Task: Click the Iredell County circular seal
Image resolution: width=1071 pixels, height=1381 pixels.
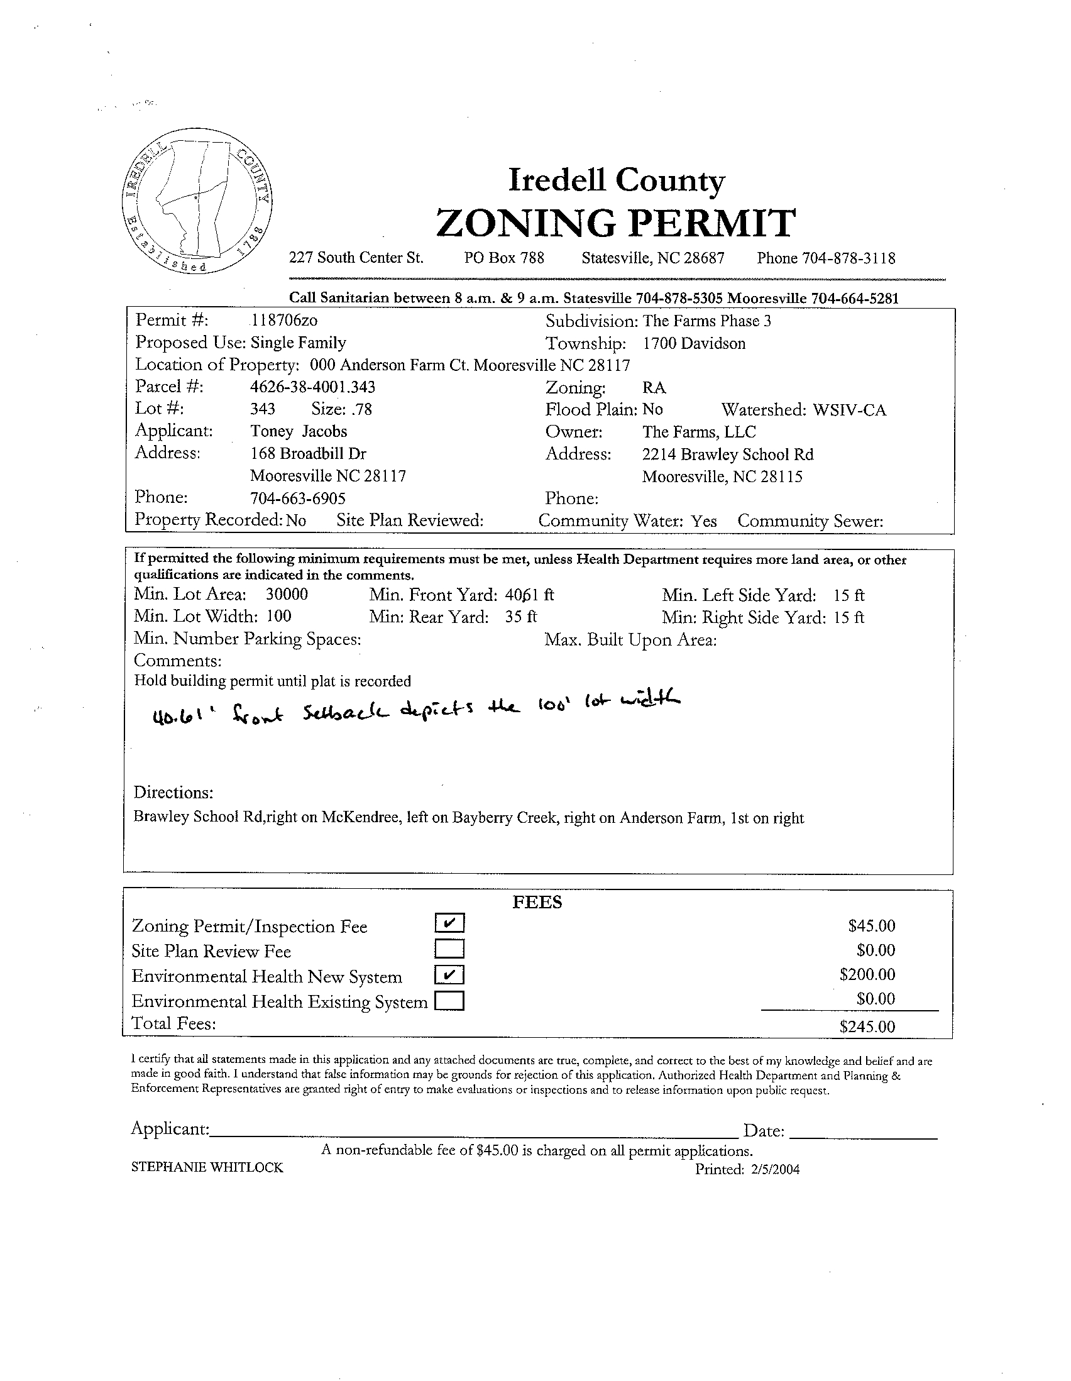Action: coord(197,201)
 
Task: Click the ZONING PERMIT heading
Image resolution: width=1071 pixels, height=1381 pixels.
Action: coord(615,223)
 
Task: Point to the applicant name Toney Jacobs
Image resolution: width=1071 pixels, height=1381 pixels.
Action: coord(299,431)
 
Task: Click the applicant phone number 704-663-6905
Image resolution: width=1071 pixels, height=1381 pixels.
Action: coord(298,498)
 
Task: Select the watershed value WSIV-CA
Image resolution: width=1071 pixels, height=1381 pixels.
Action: coord(849,410)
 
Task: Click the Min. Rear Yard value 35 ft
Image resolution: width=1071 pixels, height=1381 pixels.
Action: coord(521,617)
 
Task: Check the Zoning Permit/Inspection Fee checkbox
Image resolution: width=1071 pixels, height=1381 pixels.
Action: coord(449,924)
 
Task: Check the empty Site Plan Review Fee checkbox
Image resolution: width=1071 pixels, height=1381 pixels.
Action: coord(449,949)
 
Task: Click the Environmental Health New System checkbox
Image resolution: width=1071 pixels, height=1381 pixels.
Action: coord(449,975)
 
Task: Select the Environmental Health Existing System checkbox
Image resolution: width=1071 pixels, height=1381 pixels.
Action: coord(449,1001)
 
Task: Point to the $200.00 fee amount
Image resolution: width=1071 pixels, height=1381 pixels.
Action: coord(867,974)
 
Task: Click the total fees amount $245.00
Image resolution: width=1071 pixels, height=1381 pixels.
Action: coord(867,1026)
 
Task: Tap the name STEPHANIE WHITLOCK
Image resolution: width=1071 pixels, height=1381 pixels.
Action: coord(207,1168)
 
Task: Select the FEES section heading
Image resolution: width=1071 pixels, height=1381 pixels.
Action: coord(537,902)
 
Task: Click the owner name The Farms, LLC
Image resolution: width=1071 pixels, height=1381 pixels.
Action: coord(699,432)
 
